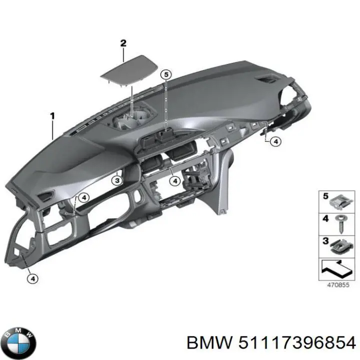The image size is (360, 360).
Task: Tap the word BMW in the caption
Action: click(x=205, y=342)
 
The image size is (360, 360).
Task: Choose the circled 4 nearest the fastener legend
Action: click(x=275, y=142)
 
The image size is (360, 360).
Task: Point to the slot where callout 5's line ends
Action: click(x=164, y=133)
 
